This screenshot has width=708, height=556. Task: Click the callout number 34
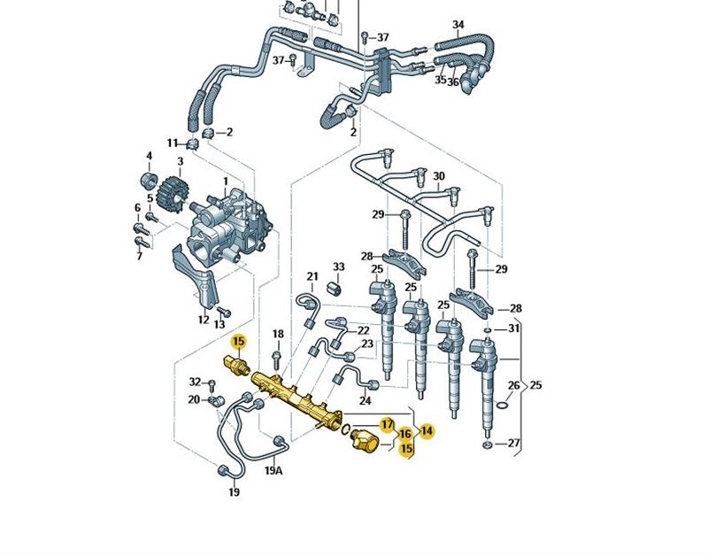[458, 24]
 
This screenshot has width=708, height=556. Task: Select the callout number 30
[439, 176]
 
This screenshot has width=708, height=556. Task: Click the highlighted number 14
[427, 431]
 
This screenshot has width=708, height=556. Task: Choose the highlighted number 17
[387, 425]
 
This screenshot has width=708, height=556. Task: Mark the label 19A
[273, 470]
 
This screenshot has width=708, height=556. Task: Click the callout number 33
[339, 266]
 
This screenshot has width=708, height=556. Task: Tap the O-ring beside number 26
[501, 406]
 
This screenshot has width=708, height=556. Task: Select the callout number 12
[204, 320]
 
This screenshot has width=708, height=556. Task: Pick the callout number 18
[278, 334]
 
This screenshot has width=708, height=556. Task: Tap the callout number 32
[195, 382]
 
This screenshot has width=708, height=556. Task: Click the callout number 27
[515, 443]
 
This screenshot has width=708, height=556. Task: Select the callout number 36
[453, 81]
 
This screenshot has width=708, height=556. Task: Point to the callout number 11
[173, 143]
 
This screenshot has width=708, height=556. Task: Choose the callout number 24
[365, 401]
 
